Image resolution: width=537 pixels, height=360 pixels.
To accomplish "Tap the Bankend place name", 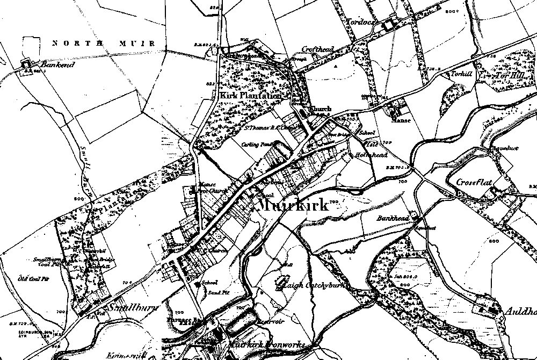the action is click(49, 65).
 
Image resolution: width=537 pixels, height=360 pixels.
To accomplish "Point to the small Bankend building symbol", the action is click(25, 64).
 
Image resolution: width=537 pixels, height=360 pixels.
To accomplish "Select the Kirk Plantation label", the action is click(250, 95).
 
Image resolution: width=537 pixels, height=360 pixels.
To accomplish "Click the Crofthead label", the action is click(317, 49).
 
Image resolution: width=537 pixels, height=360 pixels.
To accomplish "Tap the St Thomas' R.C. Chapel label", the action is click(268, 128).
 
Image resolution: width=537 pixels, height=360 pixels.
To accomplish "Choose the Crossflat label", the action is click(475, 182).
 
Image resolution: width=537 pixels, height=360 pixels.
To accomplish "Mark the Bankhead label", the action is click(393, 219).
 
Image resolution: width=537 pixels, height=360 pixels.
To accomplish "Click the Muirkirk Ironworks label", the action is click(267, 344).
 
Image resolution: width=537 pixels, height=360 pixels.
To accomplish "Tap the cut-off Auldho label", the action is click(520, 311).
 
